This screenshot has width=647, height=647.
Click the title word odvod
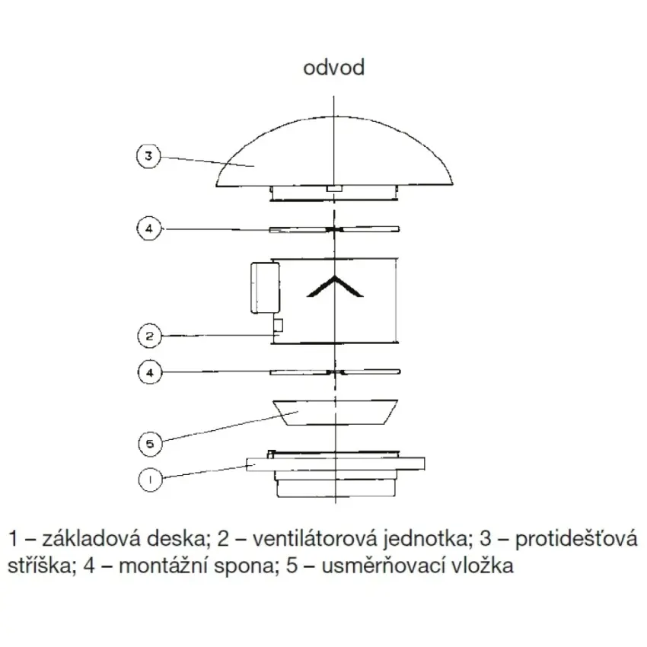pyautogui.click(x=334, y=68)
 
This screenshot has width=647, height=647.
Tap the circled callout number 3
pyautogui.click(x=148, y=156)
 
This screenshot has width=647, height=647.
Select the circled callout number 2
pyautogui.click(x=149, y=336)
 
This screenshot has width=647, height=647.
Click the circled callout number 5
pyautogui.click(x=150, y=444)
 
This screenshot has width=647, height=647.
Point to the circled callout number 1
pyautogui.click(x=150, y=480)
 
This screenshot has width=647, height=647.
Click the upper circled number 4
pyautogui.click(x=149, y=228)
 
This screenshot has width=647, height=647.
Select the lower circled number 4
pyautogui.click(x=150, y=373)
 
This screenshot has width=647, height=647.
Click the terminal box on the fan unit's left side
pyautogui.click(x=265, y=287)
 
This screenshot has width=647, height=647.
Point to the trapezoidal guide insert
pyautogui.click(x=335, y=412)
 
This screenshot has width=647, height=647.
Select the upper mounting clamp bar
pyautogui.click(x=334, y=229)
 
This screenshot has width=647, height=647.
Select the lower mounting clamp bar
pyautogui.click(x=335, y=372)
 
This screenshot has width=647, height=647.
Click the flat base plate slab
pyautogui.click(x=336, y=464)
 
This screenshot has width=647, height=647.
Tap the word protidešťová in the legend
pyautogui.click(x=576, y=540)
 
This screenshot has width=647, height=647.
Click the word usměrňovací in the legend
pyautogui.click(x=383, y=566)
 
